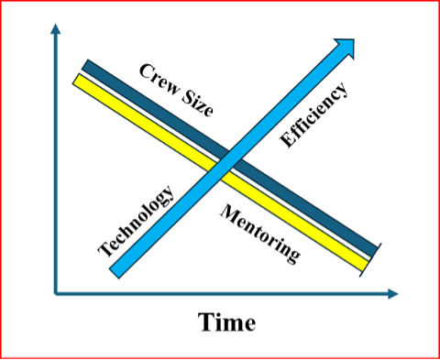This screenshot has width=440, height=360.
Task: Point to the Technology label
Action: pos(136,220)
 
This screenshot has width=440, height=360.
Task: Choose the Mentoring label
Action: pos(260,234)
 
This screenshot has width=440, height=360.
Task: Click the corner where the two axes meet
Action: pos(56,294)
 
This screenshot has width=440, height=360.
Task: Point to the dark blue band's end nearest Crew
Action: pos(89,66)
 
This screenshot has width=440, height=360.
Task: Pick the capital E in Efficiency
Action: pos(286,140)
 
